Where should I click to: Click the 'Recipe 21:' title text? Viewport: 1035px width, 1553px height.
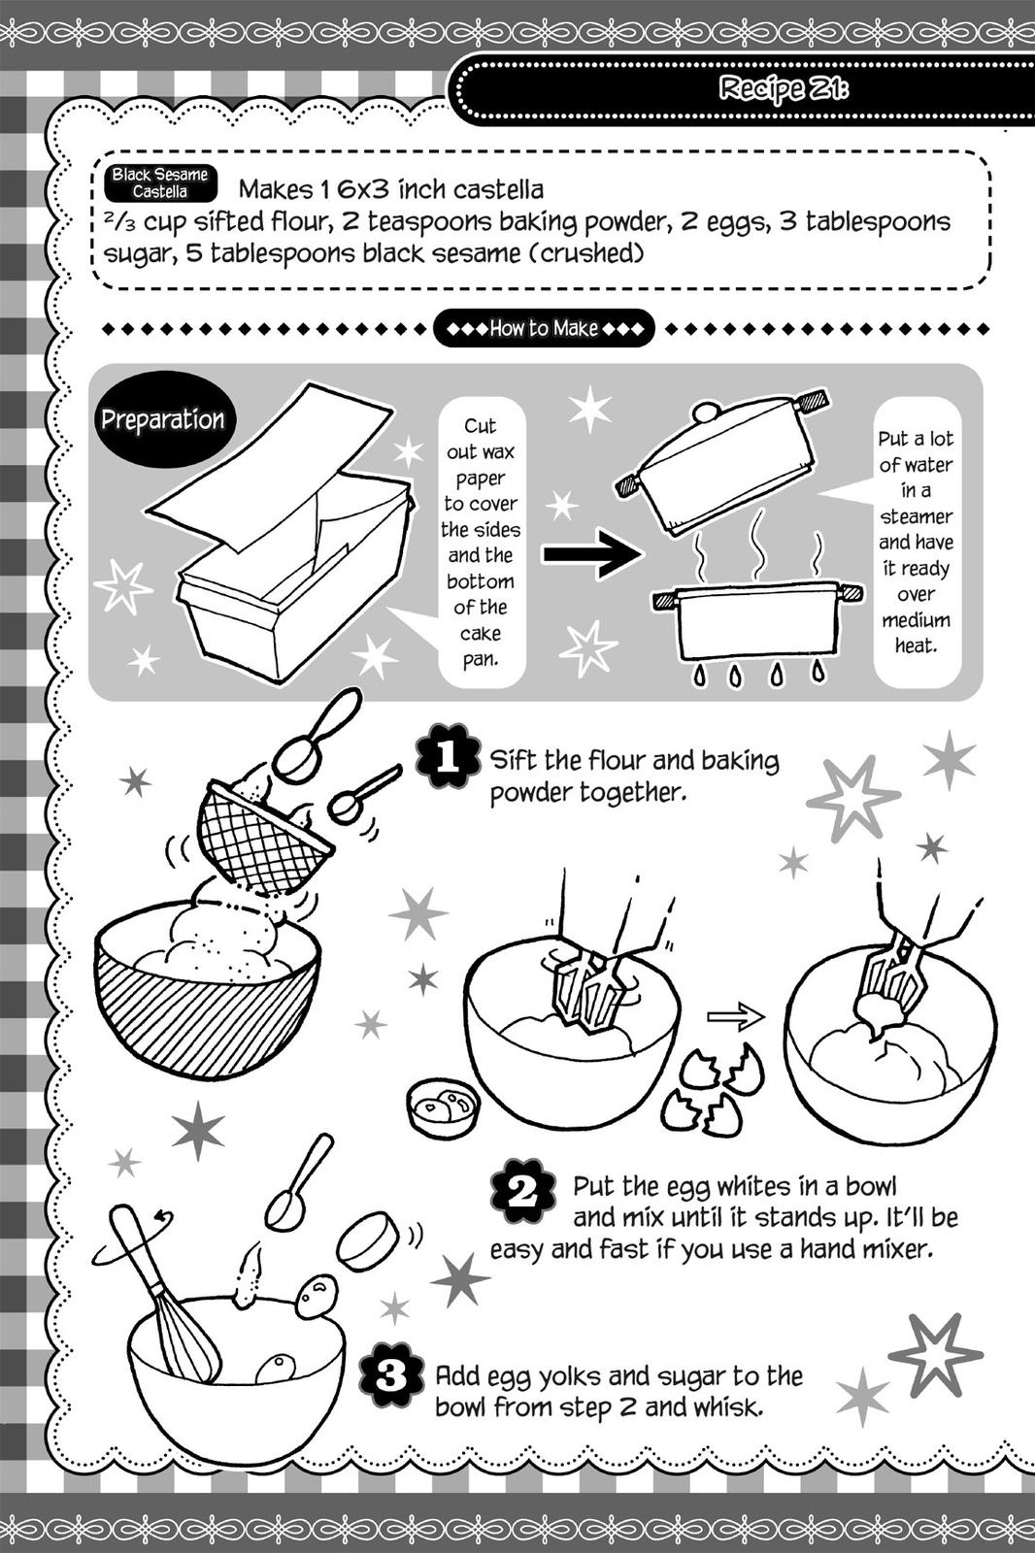point(784,89)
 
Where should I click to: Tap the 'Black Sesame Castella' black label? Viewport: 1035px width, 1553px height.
point(159,182)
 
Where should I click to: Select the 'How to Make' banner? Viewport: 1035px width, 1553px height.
point(544,328)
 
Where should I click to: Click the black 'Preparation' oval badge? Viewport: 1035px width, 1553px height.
point(162,420)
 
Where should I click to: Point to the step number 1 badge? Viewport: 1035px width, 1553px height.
point(448,756)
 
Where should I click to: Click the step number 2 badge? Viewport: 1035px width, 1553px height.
point(522,1190)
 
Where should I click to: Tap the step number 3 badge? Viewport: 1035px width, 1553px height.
point(390,1376)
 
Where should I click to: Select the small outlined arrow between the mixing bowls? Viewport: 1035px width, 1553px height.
point(735,1017)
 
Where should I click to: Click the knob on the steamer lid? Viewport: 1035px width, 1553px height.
point(706,413)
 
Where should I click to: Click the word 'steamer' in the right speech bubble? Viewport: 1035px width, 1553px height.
point(916,516)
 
